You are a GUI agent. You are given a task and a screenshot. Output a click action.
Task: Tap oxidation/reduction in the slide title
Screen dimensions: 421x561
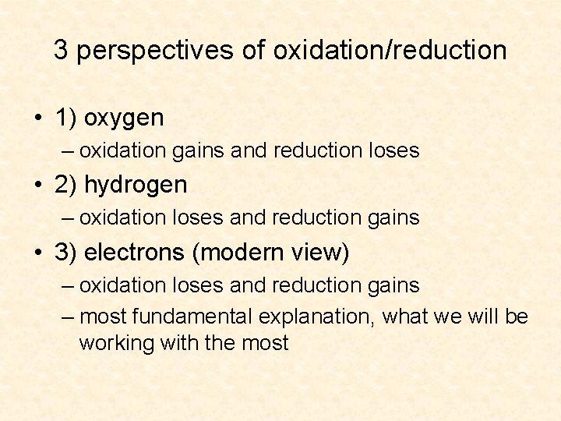[390, 51]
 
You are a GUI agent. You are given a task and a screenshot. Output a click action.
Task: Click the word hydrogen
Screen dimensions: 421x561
[136, 186]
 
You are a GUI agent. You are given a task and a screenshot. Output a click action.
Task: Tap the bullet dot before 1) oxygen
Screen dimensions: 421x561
[37, 119]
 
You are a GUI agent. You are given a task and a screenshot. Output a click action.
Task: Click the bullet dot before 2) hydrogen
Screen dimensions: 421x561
[37, 185]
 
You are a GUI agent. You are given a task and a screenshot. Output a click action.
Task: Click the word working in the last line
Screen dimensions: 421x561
[117, 342]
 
